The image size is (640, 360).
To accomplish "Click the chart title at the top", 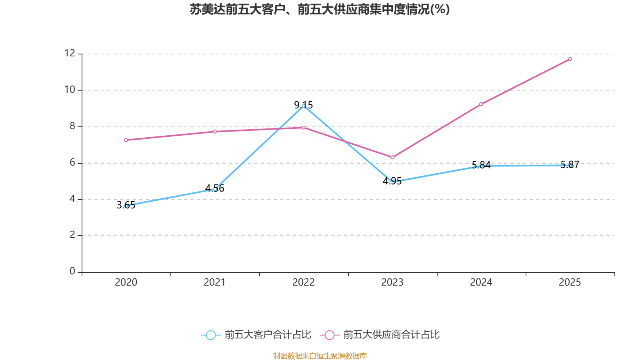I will tap(320, 9).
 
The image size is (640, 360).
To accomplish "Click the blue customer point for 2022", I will tap(303, 106).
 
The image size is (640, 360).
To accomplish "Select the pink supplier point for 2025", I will tap(570, 59).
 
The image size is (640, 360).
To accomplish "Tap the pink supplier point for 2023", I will tap(392, 157).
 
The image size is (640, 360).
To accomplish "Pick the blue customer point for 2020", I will tap(126, 206).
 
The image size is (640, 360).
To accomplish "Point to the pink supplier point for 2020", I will tap(126, 140).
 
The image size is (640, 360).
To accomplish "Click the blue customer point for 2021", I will tap(215, 189).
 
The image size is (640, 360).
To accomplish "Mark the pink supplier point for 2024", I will tap(481, 104).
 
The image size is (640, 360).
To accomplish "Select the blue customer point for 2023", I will tap(392, 182).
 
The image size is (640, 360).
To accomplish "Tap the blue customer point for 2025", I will tap(570, 165).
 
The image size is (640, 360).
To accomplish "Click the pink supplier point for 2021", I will tap(215, 132).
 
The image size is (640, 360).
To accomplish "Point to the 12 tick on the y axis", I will tap(70, 53).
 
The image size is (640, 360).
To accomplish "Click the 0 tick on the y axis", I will tap(72, 272).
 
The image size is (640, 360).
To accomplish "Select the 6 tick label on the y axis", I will tap(72, 163).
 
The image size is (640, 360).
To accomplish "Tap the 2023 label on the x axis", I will tap(392, 282).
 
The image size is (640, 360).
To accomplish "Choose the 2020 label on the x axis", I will tap(126, 282).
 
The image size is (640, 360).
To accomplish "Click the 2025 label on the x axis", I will tap(570, 282).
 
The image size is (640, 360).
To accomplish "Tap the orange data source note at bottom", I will tap(320, 356).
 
